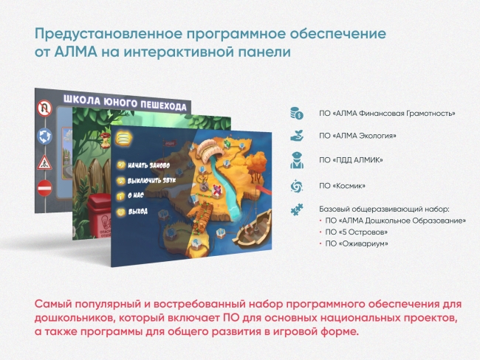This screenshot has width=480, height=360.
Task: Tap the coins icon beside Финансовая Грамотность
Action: (296, 113)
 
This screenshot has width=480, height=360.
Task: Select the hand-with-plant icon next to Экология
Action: (296, 136)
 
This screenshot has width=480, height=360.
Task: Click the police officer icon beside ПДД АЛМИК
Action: (296, 159)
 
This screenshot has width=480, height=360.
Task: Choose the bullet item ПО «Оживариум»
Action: (357, 243)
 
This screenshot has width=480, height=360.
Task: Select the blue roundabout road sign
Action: (44, 135)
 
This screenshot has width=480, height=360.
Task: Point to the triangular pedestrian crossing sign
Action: (44, 160)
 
